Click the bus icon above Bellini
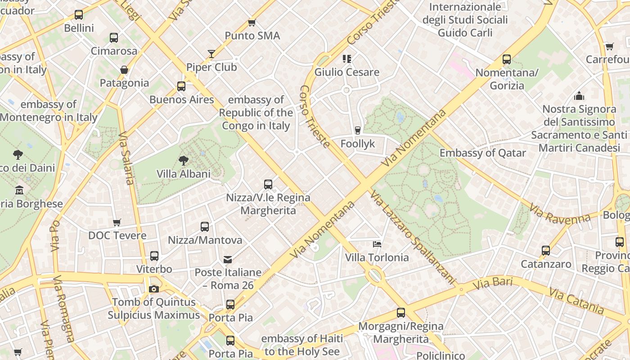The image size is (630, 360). tap(79, 15)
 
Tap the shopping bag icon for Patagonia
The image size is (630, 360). tap(124, 70)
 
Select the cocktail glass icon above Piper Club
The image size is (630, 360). tap(211, 54)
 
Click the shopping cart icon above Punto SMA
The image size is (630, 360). tap(252, 22)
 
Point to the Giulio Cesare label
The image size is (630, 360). tap(346, 72)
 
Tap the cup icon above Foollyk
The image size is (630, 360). tap(358, 130)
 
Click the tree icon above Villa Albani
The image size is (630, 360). tap(183, 160)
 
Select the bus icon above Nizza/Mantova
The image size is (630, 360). tap(205, 227)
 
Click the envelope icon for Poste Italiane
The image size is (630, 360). tap(228, 259)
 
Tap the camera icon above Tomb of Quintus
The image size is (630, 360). tap(154, 289)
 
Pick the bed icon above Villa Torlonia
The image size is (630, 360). tap(377, 244)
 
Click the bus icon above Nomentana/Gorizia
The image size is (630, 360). tap(507, 59)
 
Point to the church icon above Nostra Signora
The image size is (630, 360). tap(579, 96)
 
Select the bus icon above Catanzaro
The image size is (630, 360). tap(546, 251)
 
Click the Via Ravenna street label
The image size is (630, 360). tap(560, 214)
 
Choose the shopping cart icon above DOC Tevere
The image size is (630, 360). tap(117, 222)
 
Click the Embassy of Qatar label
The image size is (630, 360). tap(482, 153)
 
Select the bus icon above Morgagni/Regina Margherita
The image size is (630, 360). tap(401, 313)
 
